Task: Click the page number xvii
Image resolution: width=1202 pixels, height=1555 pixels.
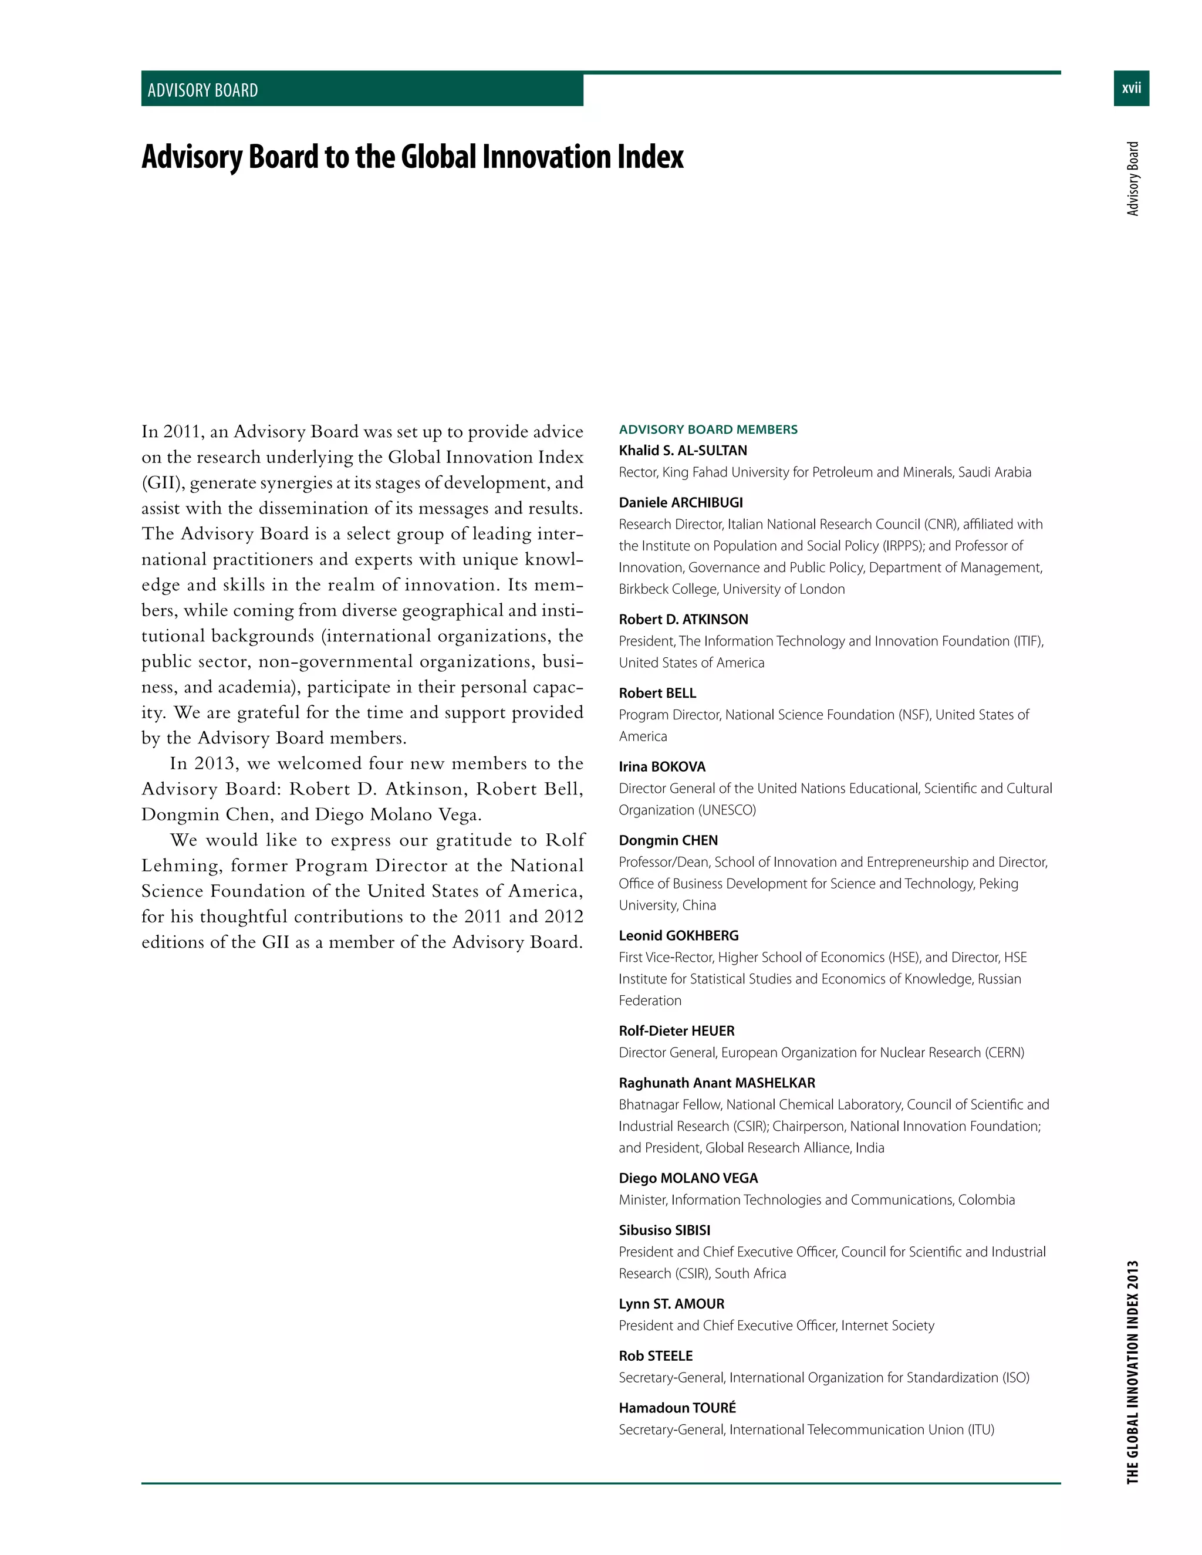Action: (x=1131, y=88)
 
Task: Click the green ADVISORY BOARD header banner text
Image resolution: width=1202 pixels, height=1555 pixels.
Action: (x=203, y=90)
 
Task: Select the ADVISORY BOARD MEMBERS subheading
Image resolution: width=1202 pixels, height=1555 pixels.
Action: (x=708, y=430)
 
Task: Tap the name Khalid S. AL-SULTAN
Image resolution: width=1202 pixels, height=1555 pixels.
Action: (x=683, y=451)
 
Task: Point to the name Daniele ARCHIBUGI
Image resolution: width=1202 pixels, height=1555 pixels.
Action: (x=681, y=503)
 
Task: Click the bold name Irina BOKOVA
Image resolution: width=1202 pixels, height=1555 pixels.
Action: (x=662, y=767)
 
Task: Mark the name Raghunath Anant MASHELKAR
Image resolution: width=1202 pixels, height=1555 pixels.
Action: (x=717, y=1083)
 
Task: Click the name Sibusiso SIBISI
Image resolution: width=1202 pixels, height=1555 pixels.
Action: (x=664, y=1231)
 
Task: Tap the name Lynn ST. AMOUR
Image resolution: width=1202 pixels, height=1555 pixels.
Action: (x=671, y=1304)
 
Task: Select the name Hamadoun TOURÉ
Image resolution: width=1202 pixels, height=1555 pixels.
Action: (x=677, y=1408)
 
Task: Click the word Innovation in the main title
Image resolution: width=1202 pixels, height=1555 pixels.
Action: (x=548, y=157)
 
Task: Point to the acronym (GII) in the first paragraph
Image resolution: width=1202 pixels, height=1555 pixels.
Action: (x=163, y=483)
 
